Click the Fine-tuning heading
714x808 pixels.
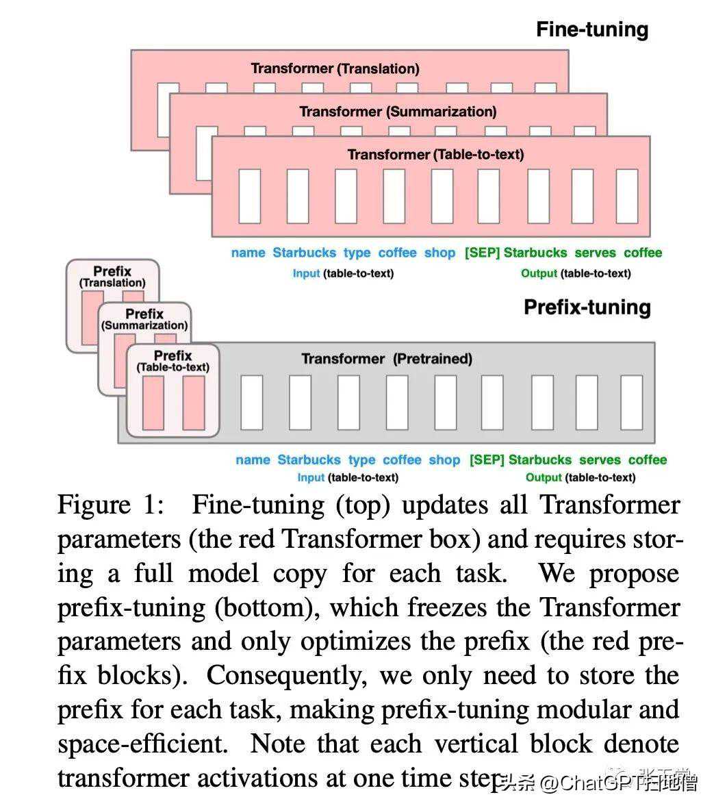tap(591, 29)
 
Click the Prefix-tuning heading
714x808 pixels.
tap(587, 307)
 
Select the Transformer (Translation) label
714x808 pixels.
tap(335, 68)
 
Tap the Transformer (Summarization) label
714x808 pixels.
tap(398, 111)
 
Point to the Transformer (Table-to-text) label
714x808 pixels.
tap(435, 155)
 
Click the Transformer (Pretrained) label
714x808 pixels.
tap(387, 359)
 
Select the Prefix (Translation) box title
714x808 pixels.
tap(112, 276)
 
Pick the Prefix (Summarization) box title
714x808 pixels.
tap(144, 319)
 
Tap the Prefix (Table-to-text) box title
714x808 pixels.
tap(173, 361)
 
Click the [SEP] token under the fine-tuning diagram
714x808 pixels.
tap(482, 253)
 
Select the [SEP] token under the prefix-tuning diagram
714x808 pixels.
tap(487, 460)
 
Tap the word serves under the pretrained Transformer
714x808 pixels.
tap(600, 460)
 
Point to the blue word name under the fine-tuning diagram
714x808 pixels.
tap(248, 253)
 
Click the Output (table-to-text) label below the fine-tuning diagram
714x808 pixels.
tap(576, 273)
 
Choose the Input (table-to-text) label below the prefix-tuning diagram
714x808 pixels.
tap(348, 478)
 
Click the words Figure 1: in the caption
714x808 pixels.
tap(111, 505)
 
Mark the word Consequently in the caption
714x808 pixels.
tap(285, 676)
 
